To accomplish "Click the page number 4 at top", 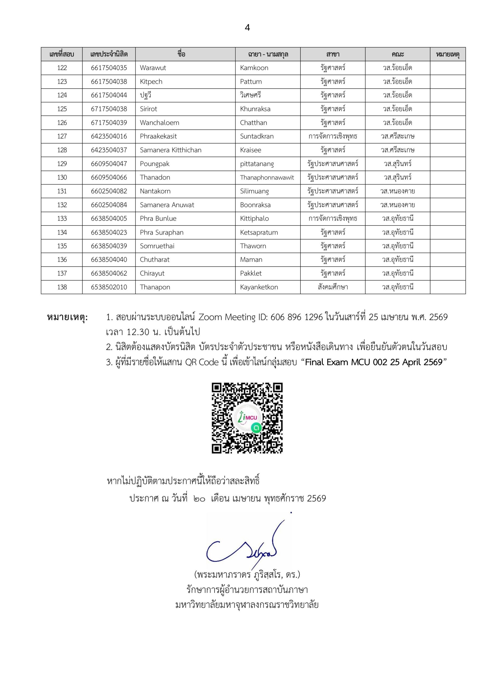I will pyautogui.click(x=247, y=28).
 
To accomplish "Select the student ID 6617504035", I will pyautogui.click(x=109, y=68).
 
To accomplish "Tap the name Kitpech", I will pyautogui.click(x=151, y=82).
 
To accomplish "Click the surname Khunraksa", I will pyautogui.click(x=255, y=109).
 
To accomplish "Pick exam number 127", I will pyautogui.click(x=62, y=136).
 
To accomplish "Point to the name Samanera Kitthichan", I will pyautogui.click(x=170, y=150).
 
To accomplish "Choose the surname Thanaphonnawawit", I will pyautogui.click(x=267, y=177).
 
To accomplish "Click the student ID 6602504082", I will pyautogui.click(x=109, y=191).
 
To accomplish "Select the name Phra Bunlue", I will pyautogui.click(x=158, y=218).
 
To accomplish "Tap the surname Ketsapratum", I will pyautogui.click(x=259, y=232).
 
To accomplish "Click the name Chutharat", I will pyautogui.click(x=154, y=260).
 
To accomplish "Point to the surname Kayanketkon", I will pyautogui.click(x=259, y=287).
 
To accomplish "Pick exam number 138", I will pyautogui.click(x=62, y=287).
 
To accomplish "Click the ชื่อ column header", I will pyautogui.click(x=181, y=54).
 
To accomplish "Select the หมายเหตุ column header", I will pyautogui.click(x=447, y=54).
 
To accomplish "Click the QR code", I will pyautogui.click(x=247, y=418).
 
